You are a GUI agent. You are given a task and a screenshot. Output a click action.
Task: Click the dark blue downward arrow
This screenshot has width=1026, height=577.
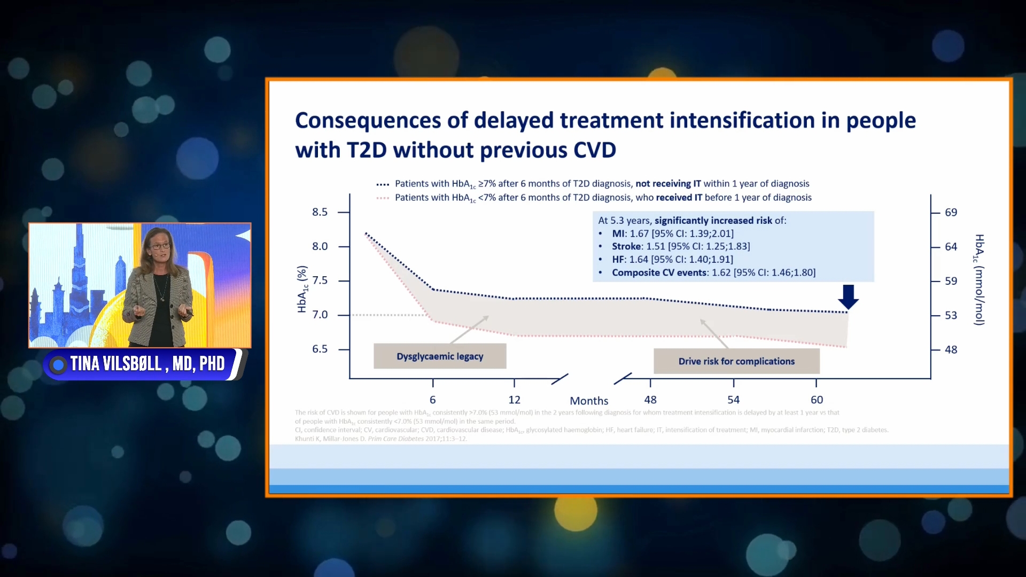(x=848, y=297)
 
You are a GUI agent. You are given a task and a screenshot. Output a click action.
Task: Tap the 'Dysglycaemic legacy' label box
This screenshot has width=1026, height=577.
(x=440, y=356)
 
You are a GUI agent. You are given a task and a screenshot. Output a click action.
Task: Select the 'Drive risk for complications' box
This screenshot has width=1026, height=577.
(x=736, y=361)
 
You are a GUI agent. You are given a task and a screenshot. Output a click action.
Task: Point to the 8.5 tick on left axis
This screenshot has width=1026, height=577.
(x=320, y=212)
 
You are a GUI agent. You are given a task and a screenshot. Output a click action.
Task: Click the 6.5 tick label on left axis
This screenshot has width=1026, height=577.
(x=320, y=349)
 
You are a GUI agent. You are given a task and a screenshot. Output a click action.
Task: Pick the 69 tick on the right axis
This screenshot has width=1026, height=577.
(x=951, y=212)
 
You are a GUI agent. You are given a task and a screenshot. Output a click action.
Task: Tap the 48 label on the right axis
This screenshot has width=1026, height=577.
(x=951, y=349)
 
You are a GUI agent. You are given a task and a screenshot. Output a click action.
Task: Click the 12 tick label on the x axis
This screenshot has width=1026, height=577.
(x=514, y=400)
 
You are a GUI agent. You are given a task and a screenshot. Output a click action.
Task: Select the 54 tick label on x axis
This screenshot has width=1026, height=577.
(x=733, y=400)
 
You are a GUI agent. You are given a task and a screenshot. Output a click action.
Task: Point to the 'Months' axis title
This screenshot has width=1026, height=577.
(x=589, y=401)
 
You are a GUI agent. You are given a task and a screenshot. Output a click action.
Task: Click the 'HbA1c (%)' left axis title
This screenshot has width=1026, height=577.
(x=302, y=289)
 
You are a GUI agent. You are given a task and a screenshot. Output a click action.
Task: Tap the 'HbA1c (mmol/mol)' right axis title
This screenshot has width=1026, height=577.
(x=979, y=279)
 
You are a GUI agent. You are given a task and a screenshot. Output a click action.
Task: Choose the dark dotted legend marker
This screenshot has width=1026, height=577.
(x=383, y=184)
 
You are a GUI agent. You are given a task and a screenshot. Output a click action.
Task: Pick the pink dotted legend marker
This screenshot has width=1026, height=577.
(x=383, y=198)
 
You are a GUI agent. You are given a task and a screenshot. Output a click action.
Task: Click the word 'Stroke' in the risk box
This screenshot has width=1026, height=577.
(x=626, y=246)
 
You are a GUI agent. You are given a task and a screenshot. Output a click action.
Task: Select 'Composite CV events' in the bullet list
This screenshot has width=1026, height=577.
(x=659, y=272)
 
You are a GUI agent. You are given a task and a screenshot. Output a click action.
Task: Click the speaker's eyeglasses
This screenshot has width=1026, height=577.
(x=160, y=246)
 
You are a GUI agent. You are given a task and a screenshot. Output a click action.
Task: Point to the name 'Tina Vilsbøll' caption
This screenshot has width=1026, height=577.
(x=116, y=364)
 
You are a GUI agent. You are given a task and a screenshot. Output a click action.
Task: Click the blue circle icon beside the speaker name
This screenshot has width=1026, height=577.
(x=58, y=364)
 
